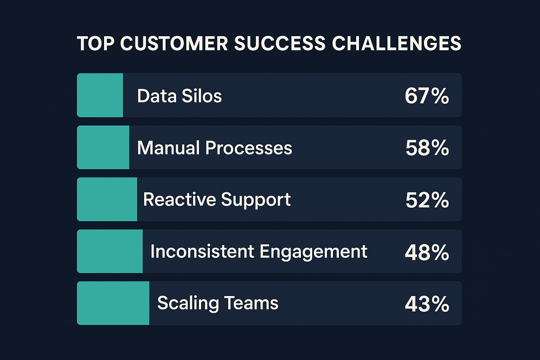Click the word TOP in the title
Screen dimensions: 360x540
[x=96, y=44]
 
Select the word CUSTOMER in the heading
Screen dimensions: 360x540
[x=174, y=44]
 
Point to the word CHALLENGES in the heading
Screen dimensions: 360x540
[x=396, y=44]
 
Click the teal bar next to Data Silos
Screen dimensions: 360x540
[x=100, y=95]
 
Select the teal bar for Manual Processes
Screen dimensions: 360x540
[x=103, y=147]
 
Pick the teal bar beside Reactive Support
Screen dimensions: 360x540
[x=107, y=199]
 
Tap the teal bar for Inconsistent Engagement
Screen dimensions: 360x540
[x=110, y=251]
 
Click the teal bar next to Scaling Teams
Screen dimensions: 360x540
[x=113, y=303]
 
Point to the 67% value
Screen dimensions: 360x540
[x=427, y=96]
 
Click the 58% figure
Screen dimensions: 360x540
[x=427, y=148]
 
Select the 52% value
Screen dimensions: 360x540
[x=427, y=200]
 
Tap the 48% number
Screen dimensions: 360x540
[x=427, y=252]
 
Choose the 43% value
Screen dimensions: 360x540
[x=427, y=304]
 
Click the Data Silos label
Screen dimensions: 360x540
[x=179, y=96]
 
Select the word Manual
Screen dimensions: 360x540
[x=168, y=148]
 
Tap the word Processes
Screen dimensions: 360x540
[x=249, y=148]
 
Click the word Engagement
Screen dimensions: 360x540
[x=314, y=252]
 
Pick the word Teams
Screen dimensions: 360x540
[x=251, y=303]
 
